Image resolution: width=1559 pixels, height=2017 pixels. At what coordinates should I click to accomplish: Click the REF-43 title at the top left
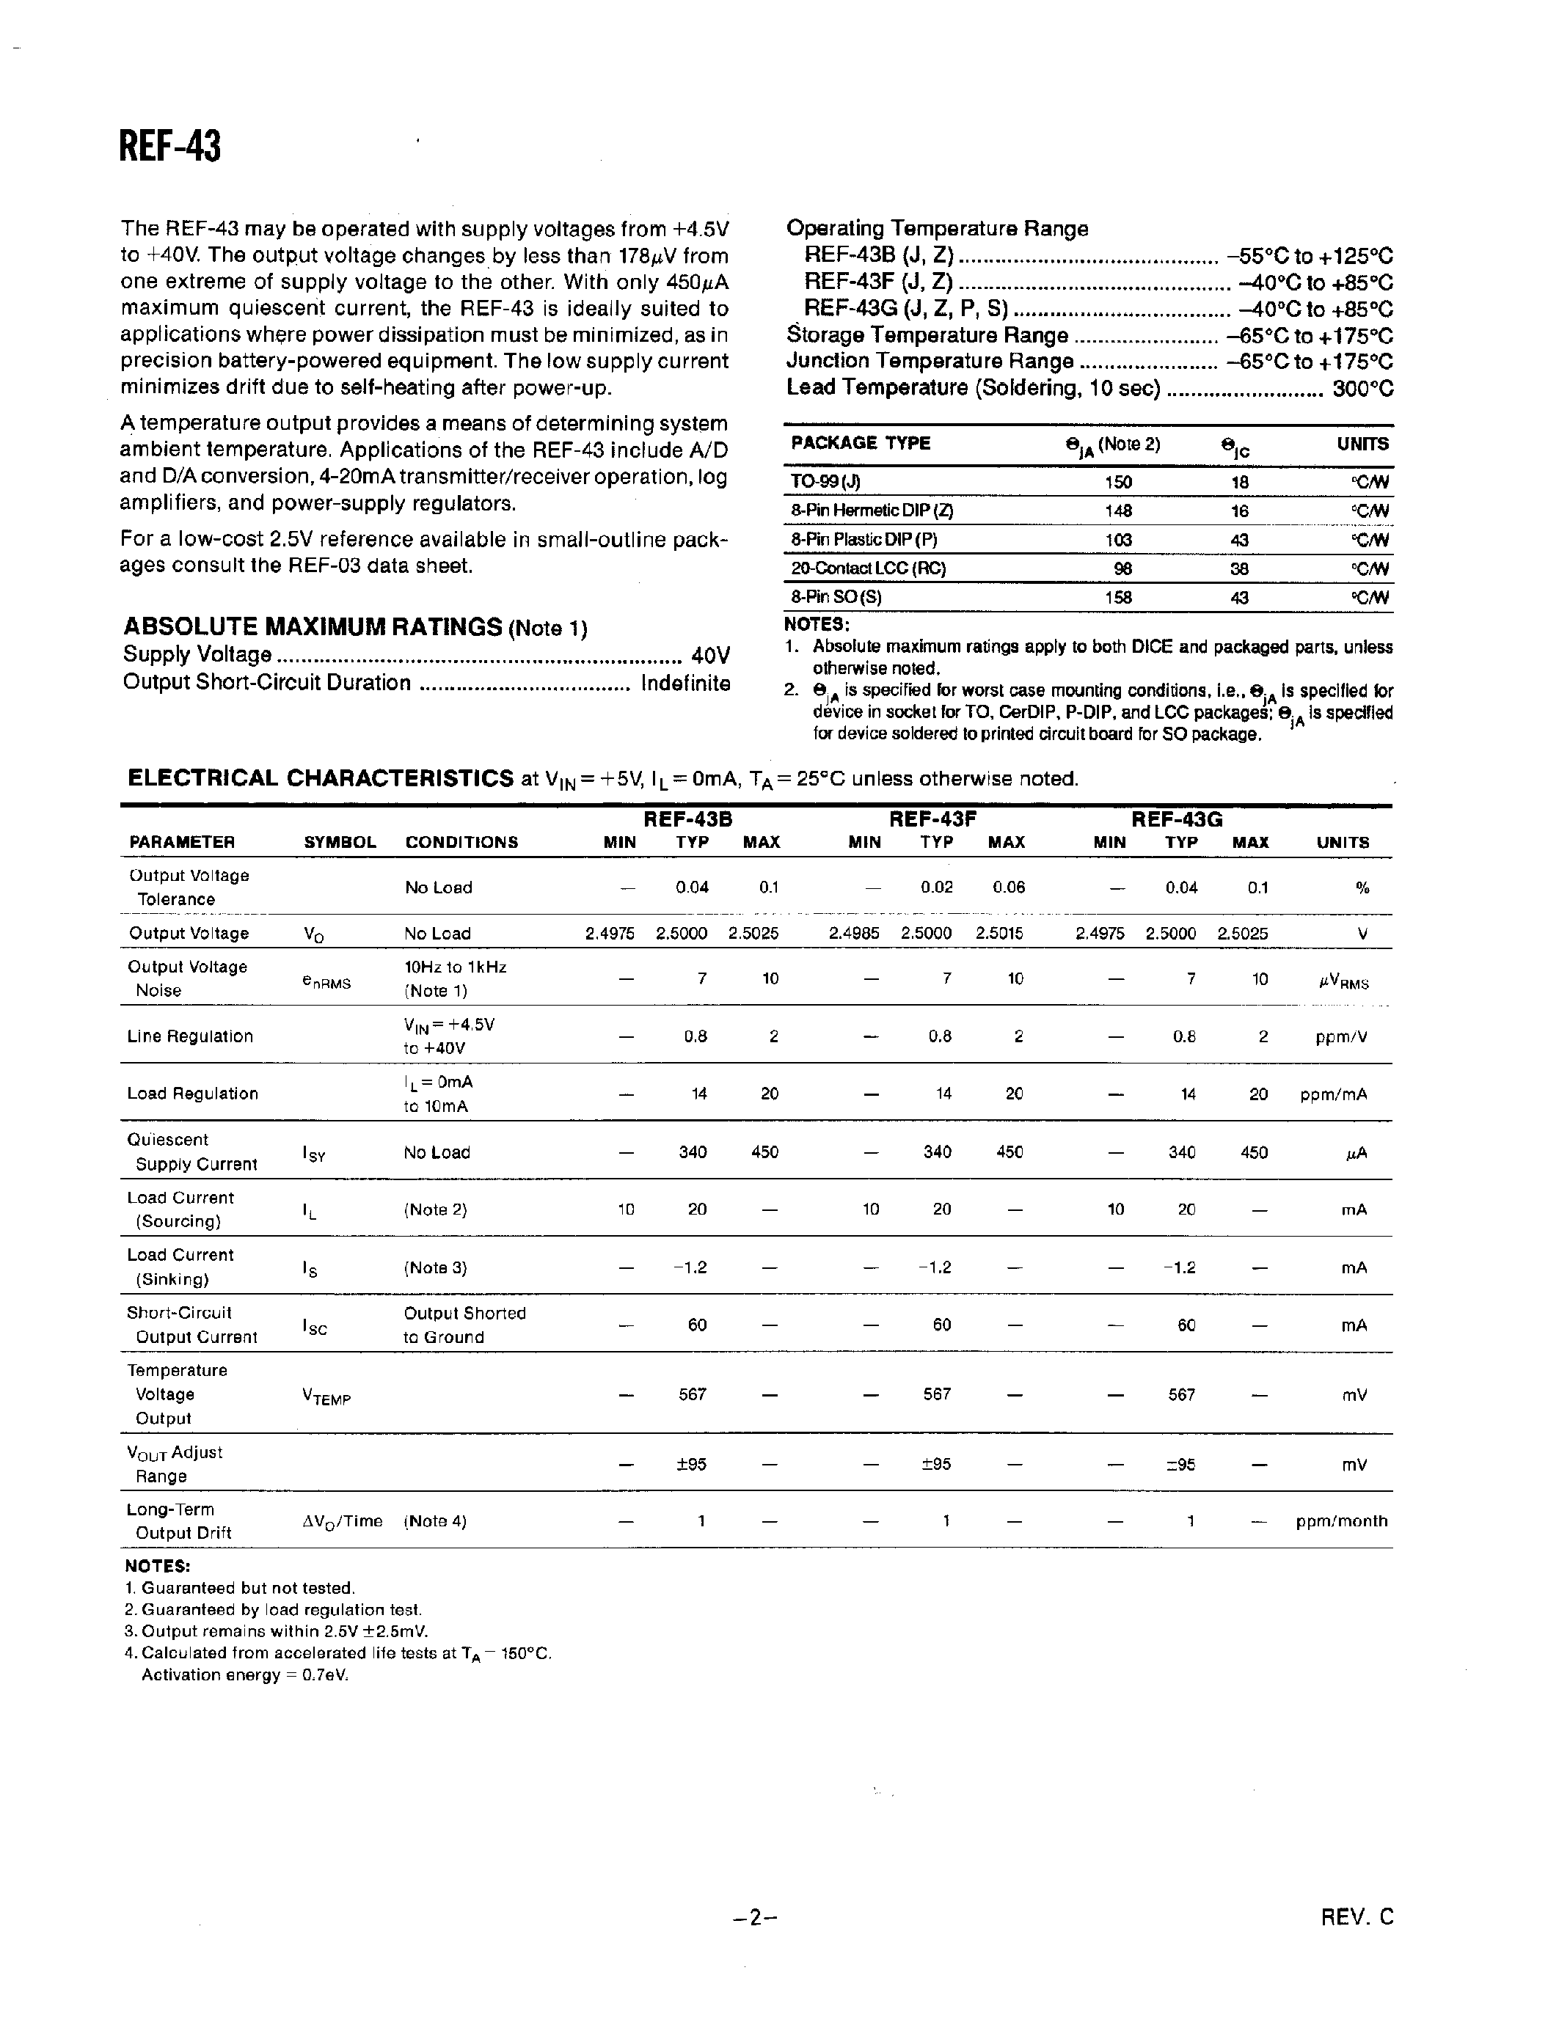pyautogui.click(x=170, y=146)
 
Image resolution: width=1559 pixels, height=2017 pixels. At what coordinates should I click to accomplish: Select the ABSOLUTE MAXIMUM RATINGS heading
pyautogui.click(x=313, y=626)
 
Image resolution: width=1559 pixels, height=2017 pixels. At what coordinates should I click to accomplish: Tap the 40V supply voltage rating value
pyautogui.click(x=710, y=656)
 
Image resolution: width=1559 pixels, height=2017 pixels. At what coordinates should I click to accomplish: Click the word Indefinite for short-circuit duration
pyautogui.click(x=685, y=684)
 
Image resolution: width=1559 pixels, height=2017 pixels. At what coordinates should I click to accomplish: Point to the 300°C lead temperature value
pyautogui.click(x=1362, y=388)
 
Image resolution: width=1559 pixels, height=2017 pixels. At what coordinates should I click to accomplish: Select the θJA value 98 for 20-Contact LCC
pyautogui.click(x=1122, y=569)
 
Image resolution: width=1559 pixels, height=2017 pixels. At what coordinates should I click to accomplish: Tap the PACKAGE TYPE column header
pyautogui.click(x=860, y=443)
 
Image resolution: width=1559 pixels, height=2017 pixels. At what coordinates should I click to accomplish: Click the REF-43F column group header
pyautogui.click(x=932, y=819)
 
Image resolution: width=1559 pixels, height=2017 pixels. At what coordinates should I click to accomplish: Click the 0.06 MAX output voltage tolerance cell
pyautogui.click(x=1009, y=887)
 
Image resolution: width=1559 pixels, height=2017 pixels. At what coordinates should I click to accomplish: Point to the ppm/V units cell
pyautogui.click(x=1341, y=1037)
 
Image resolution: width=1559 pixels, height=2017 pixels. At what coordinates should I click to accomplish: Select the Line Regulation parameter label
pyautogui.click(x=190, y=1036)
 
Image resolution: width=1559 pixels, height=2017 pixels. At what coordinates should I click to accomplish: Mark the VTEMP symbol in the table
pyautogui.click(x=327, y=1398)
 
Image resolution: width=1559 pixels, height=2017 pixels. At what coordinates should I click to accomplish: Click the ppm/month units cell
pyautogui.click(x=1341, y=1521)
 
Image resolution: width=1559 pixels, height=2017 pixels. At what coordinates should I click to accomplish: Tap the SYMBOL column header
pyautogui.click(x=340, y=842)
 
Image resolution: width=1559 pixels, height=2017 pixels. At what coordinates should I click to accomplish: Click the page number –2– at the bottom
pyautogui.click(x=756, y=1918)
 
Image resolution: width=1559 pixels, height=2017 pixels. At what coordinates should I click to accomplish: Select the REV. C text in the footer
pyautogui.click(x=1356, y=1917)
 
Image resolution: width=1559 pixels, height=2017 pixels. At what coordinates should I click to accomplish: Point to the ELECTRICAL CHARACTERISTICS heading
pyautogui.click(x=320, y=777)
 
